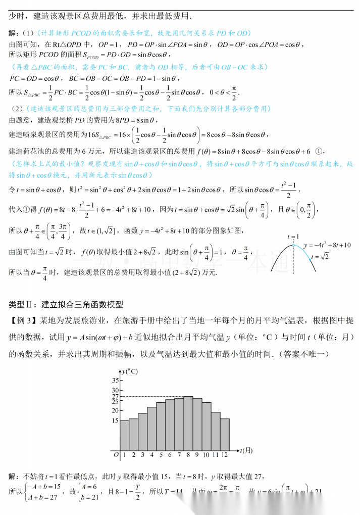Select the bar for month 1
(x=124, y=435)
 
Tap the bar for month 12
(x=225, y=434)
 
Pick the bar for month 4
(x=151, y=428)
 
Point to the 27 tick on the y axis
(x=115, y=396)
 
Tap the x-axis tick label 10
(x=206, y=455)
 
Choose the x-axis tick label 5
(x=161, y=455)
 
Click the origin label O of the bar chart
(x=116, y=455)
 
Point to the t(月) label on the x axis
(x=246, y=450)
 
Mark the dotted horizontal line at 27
(x=151, y=396)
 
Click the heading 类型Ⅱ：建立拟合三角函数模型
(x=66, y=304)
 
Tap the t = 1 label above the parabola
(x=293, y=236)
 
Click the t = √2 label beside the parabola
(x=320, y=256)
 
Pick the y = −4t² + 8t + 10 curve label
(x=328, y=245)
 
